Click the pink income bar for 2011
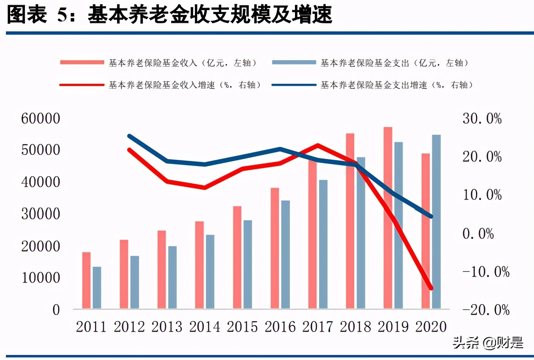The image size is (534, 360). [x=86, y=280]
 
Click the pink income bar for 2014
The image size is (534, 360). [x=199, y=264]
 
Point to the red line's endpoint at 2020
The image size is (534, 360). [x=431, y=288]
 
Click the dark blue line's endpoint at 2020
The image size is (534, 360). [x=431, y=216]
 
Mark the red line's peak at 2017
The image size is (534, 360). [x=318, y=145]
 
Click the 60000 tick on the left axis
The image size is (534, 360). [x=41, y=119]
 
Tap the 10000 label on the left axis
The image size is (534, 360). [x=41, y=278]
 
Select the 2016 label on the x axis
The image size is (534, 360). [x=280, y=327]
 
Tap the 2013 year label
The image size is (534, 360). [x=167, y=327]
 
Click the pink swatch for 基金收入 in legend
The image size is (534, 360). [x=82, y=63]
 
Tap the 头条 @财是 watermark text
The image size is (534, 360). [x=487, y=343]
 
